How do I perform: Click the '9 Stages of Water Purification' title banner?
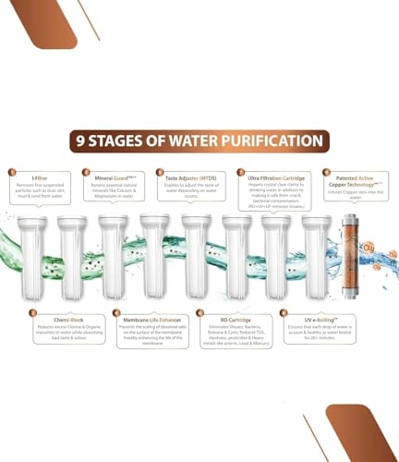(x=199, y=141)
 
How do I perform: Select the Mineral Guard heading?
(x=112, y=173)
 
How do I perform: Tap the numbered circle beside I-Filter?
(x=12, y=172)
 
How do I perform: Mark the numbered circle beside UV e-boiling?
(x=283, y=313)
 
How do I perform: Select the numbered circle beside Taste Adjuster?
(x=159, y=172)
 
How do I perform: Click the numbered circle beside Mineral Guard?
(x=86, y=172)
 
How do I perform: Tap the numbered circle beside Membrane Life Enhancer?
(x=116, y=313)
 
